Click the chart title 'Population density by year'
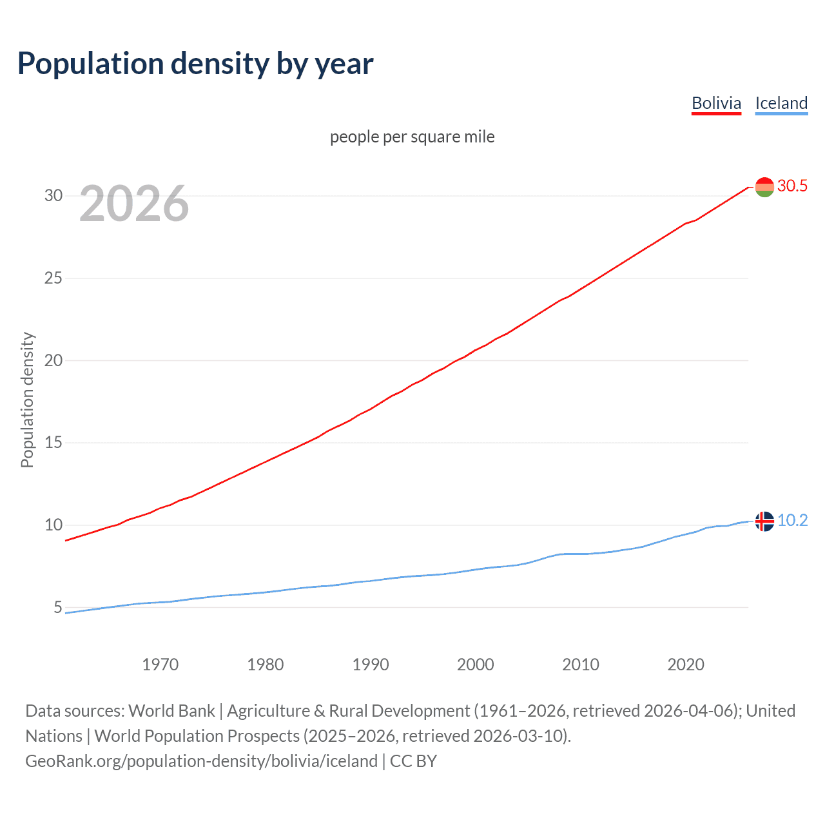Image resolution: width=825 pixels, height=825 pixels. (x=195, y=64)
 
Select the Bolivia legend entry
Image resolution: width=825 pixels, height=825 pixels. (x=716, y=103)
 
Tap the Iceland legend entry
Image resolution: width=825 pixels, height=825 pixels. (x=781, y=103)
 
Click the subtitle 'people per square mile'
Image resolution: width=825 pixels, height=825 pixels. (x=412, y=137)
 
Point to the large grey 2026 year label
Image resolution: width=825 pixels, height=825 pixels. (x=134, y=204)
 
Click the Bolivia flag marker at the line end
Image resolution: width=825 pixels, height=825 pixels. (x=764, y=187)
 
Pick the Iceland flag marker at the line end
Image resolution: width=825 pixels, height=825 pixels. (x=764, y=521)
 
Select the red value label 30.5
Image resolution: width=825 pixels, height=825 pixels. (x=792, y=186)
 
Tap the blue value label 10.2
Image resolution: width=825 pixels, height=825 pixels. (x=792, y=520)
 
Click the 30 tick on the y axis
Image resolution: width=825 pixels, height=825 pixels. (x=53, y=195)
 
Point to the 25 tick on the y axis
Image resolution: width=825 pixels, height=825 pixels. (x=53, y=278)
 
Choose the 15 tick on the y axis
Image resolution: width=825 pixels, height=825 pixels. (x=53, y=442)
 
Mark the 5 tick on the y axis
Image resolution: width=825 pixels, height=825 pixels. (x=58, y=607)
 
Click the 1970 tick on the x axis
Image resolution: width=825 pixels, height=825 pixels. (x=160, y=665)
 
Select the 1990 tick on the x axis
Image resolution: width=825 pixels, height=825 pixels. (x=371, y=665)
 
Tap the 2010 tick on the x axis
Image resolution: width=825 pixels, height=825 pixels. (x=581, y=665)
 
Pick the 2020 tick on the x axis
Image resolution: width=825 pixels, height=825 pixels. (x=686, y=665)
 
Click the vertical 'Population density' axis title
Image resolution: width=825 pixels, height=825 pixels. (x=27, y=400)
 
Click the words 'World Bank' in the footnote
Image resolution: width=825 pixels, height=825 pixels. (x=171, y=711)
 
